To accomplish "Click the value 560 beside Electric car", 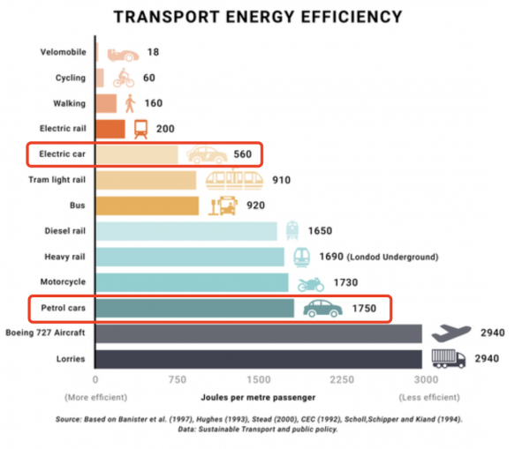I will pos(243,155).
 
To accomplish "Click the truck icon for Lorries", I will pos(448,358).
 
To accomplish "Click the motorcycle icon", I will pos(311,283).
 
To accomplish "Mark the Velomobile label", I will pos(63,52).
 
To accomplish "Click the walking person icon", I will pos(130,103).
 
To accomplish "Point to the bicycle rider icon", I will pos(123,78).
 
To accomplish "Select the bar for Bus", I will pos(148,206).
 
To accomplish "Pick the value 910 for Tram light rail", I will pos(282,181).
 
